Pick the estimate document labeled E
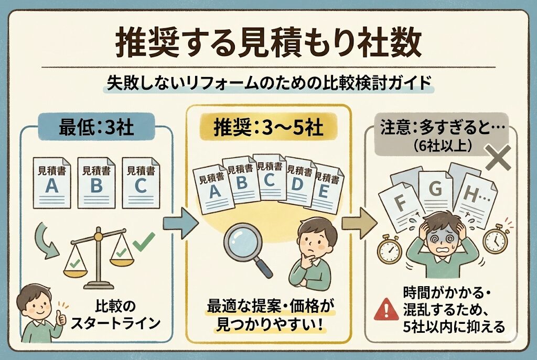[324, 191]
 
